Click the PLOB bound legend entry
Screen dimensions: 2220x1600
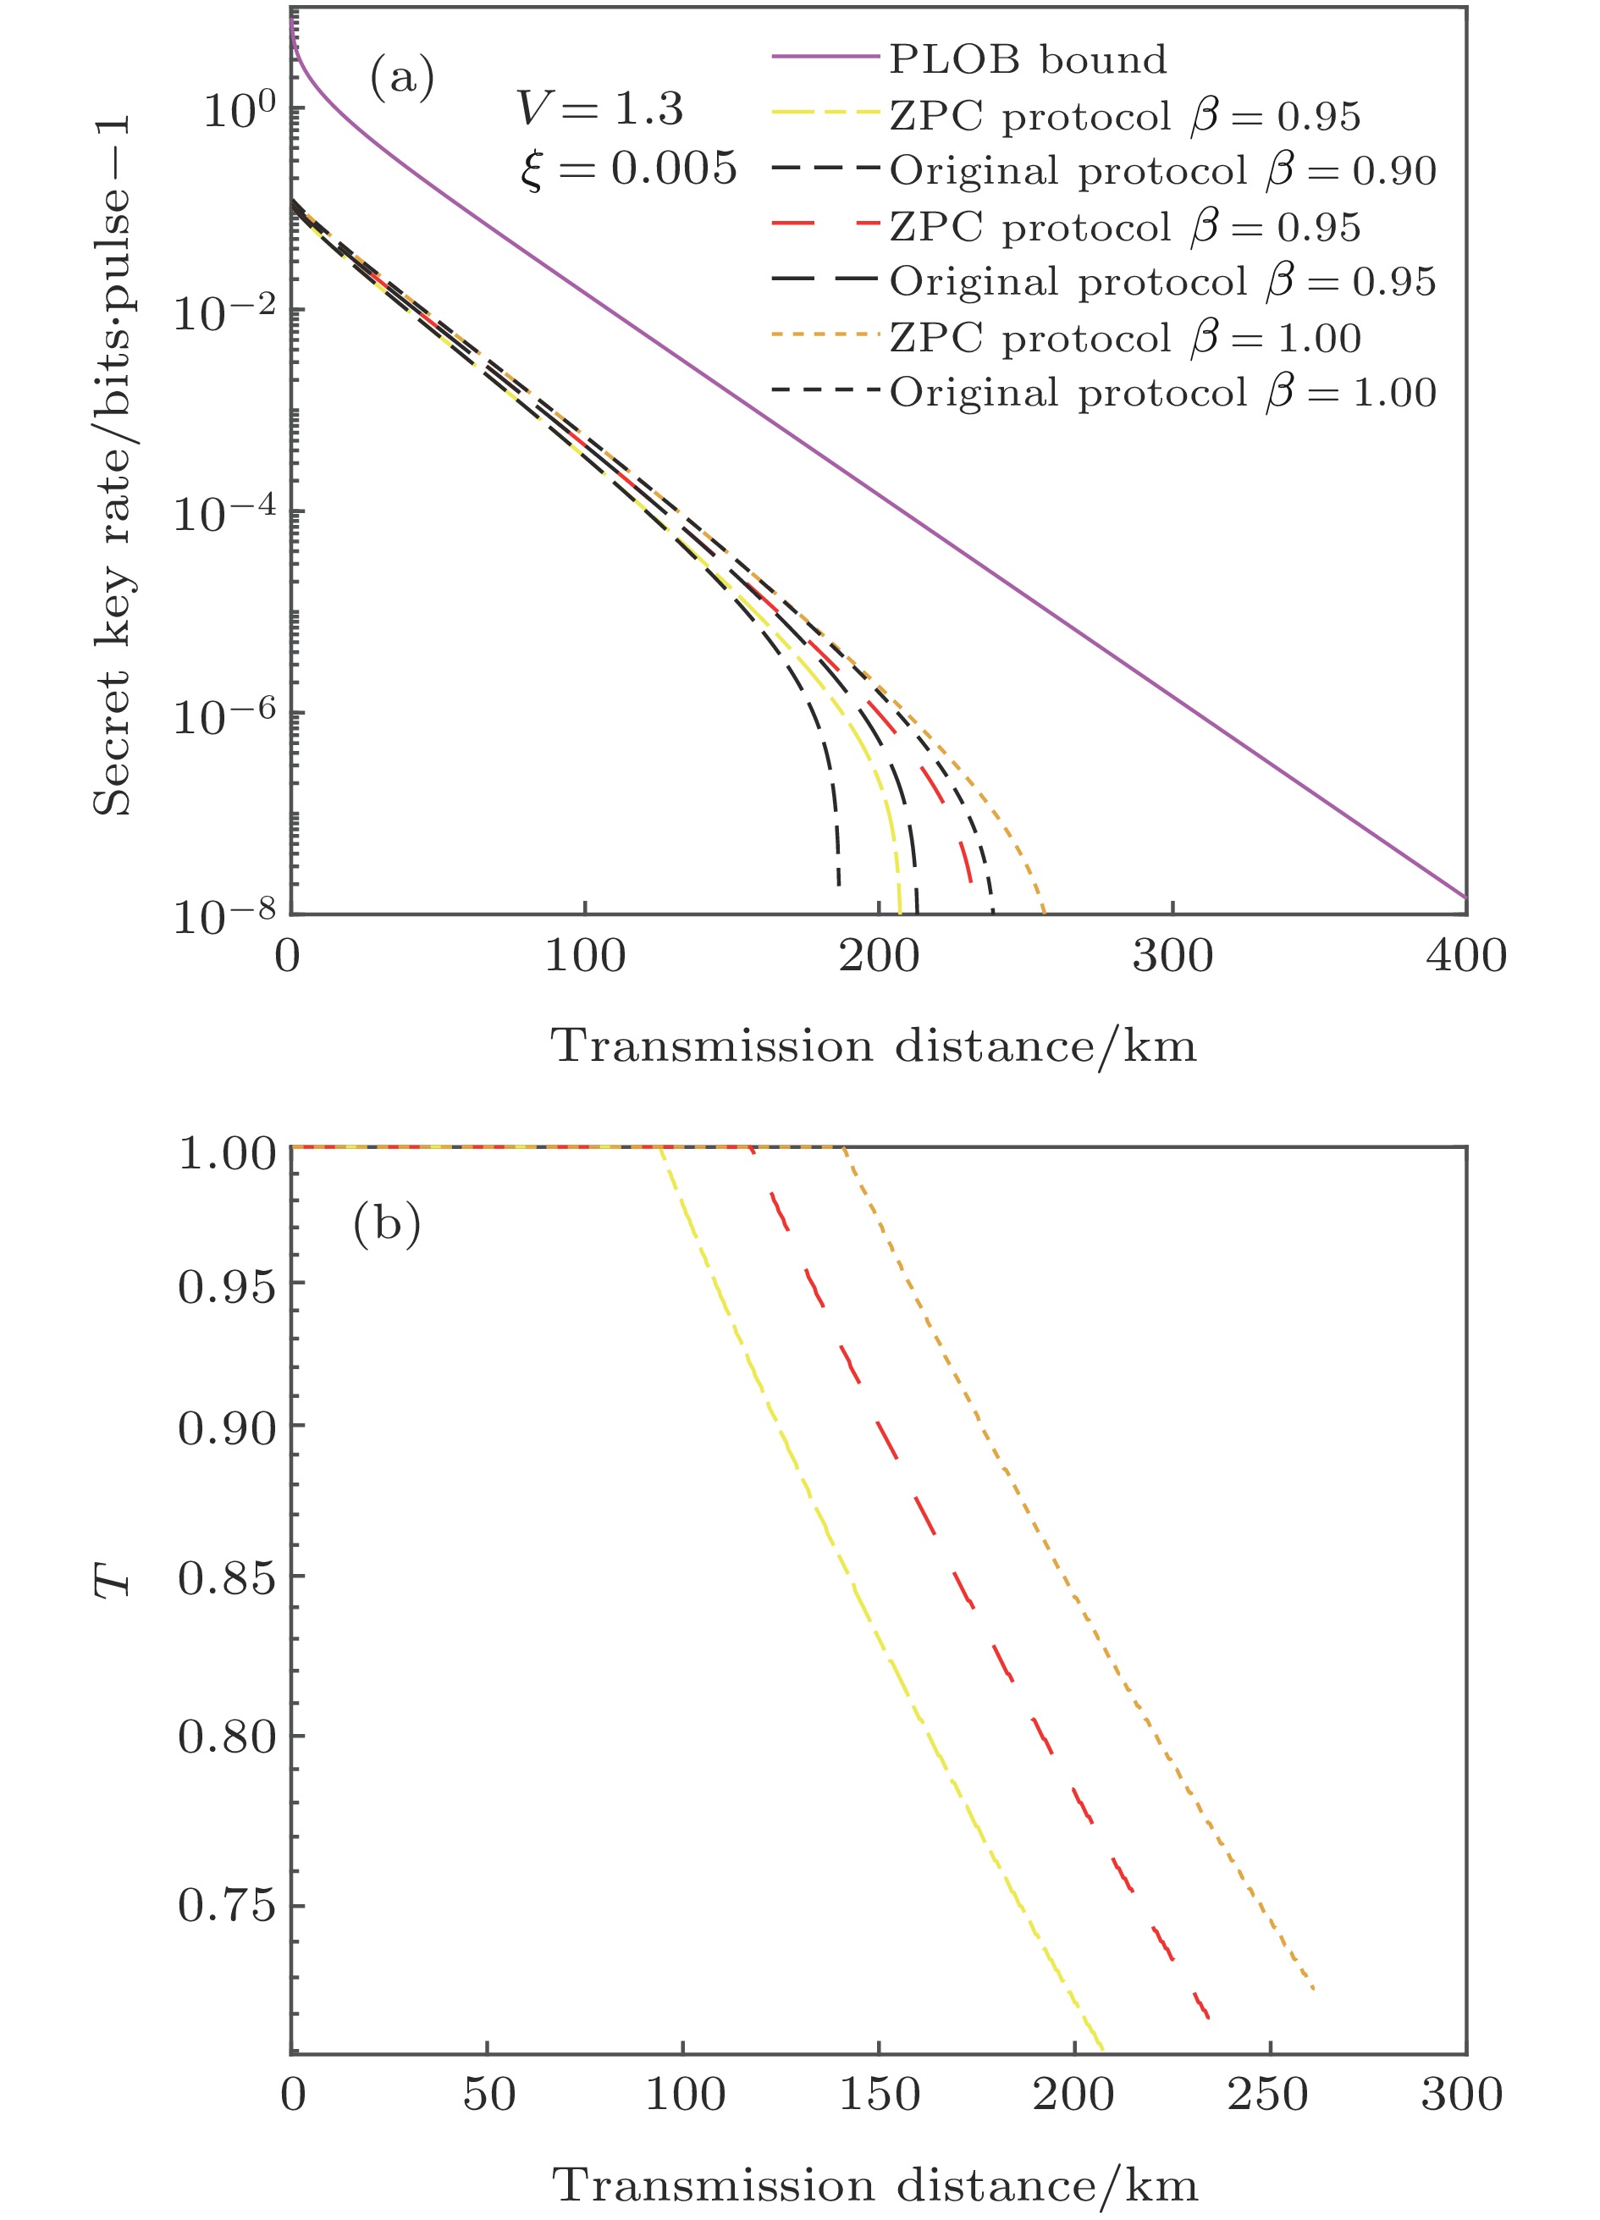[x=1027, y=60]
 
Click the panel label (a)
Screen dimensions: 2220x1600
[x=401, y=77]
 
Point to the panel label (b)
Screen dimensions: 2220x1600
[x=387, y=1223]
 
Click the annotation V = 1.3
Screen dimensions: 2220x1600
[x=599, y=108]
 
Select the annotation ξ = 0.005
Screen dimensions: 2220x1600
[x=627, y=168]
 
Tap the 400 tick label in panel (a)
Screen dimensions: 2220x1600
[x=1465, y=956]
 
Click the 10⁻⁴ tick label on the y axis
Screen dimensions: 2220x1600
[x=224, y=513]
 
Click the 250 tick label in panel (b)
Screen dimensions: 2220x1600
[x=1268, y=2094]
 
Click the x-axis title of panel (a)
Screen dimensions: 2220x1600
[x=873, y=1046]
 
